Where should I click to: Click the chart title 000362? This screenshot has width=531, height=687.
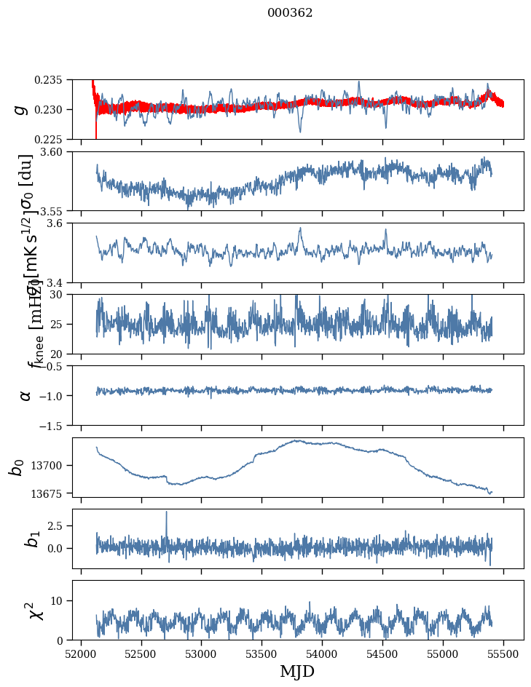click(x=290, y=13)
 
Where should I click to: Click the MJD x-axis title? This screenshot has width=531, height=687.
click(x=297, y=671)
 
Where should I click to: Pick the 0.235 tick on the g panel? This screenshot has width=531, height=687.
click(x=52, y=79)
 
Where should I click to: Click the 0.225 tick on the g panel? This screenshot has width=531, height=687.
click(x=52, y=139)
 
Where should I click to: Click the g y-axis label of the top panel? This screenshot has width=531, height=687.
click(x=20, y=109)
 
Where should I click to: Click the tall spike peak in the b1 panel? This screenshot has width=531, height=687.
click(x=166, y=512)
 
